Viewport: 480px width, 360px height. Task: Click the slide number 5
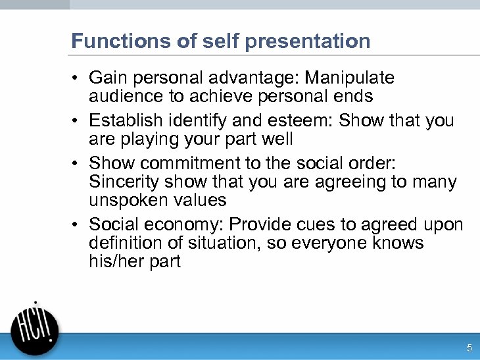pyautogui.click(x=469, y=348)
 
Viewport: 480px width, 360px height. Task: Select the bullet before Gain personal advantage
pyautogui.click(x=76, y=78)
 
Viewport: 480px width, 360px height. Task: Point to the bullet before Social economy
pyautogui.click(x=76, y=225)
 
